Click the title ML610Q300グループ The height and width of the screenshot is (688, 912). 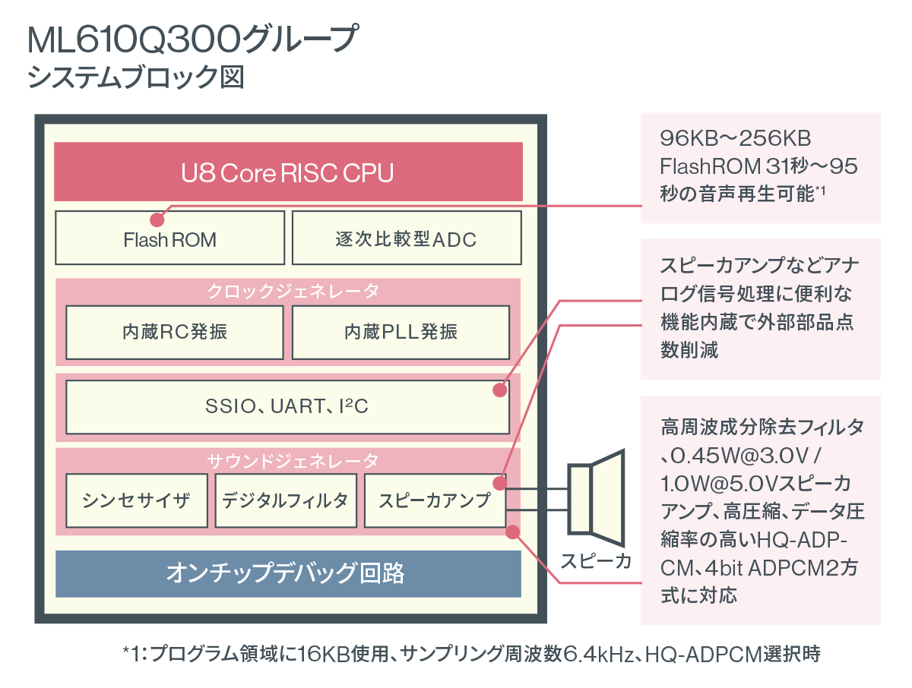191,39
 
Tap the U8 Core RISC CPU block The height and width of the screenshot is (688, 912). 288,172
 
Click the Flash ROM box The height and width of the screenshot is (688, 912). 169,239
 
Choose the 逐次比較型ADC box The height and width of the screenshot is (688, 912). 406,239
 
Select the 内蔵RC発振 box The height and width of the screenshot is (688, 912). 174,331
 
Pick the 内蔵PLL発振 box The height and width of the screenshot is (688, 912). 401,331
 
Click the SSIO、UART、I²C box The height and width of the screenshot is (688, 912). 287,406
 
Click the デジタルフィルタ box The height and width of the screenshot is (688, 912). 286,500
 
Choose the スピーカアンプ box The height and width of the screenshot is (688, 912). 434,500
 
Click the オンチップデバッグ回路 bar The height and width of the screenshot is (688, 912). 288,573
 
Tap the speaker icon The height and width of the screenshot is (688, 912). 597,502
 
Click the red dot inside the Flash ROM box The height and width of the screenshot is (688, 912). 157,220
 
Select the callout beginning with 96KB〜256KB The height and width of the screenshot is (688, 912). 760,168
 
